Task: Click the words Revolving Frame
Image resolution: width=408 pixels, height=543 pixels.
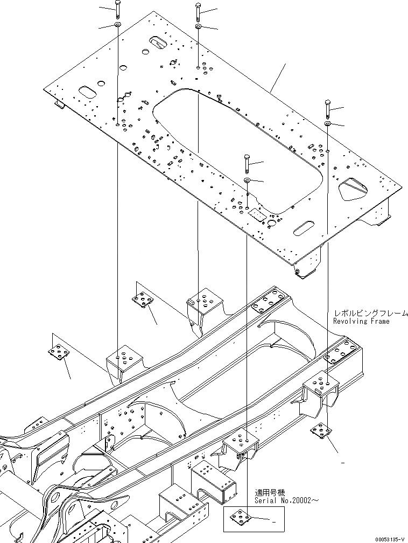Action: (361, 321)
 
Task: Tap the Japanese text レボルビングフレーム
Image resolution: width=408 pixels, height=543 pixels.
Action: (370, 313)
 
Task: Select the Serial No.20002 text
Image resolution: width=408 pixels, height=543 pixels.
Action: (287, 500)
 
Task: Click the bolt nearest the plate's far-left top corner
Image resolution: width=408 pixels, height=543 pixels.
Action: (117, 9)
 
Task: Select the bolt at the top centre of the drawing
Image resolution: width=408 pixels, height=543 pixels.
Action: (199, 10)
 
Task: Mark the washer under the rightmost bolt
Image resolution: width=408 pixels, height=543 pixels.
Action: (327, 124)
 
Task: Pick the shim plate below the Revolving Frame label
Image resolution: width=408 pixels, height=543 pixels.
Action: (320, 430)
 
